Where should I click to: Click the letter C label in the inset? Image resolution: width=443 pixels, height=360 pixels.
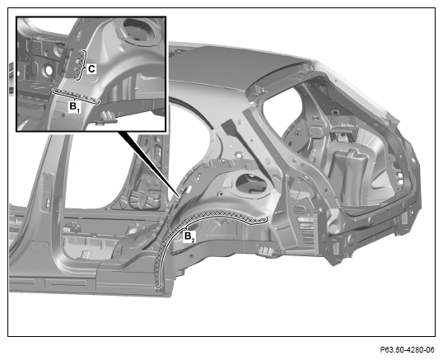91,69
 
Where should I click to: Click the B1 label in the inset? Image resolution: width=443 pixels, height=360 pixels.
75,107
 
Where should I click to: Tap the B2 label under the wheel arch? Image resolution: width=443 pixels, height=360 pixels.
189,236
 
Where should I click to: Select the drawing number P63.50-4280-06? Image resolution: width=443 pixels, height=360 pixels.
407,350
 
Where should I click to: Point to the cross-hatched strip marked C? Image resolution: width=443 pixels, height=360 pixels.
79,64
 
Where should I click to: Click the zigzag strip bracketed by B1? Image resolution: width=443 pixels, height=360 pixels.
76,96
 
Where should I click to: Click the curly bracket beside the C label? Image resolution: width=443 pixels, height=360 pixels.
84,66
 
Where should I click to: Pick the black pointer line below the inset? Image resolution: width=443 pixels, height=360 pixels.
149,165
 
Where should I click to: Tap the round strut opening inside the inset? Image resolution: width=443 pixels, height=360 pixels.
139,30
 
